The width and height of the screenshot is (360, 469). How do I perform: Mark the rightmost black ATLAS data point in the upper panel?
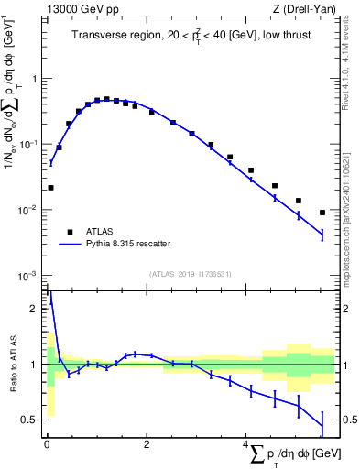322,213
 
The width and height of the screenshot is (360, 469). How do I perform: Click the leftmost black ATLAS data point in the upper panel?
50,188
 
